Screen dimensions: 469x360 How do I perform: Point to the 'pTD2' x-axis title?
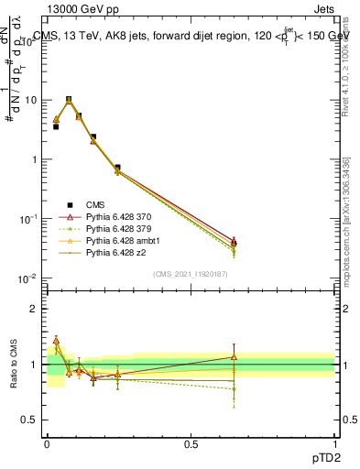point(320,458)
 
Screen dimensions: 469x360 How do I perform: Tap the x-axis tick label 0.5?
point(191,443)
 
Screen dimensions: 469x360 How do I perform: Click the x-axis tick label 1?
point(334,443)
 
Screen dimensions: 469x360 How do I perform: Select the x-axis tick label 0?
point(47,443)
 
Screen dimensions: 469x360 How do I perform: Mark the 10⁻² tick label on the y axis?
point(29,278)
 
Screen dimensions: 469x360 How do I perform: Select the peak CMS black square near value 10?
point(69,100)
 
